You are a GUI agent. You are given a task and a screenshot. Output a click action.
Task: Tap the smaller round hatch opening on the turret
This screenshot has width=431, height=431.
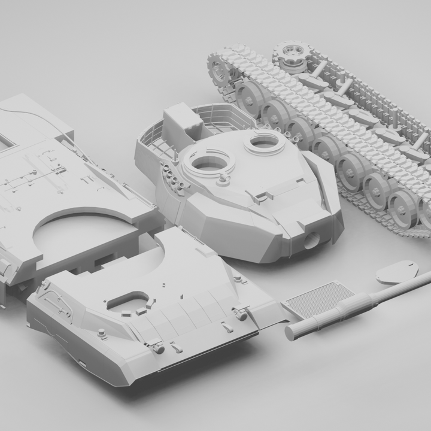click(x=263, y=142)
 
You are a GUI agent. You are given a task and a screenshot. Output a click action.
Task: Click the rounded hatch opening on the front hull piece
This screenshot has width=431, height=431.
click(x=128, y=299)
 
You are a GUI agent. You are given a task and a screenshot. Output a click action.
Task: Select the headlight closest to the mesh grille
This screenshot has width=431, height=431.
click(x=242, y=311)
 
